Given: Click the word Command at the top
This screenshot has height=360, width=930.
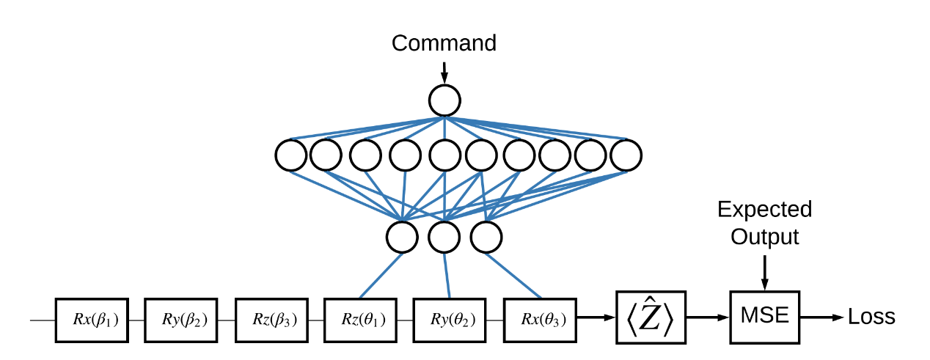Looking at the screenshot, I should tap(444, 43).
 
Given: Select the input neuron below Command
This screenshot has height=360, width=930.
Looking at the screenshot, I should tap(444, 100).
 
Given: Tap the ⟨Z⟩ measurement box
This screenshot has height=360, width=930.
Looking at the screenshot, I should tap(650, 317).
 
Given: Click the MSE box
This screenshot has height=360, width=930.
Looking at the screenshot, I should tap(764, 317).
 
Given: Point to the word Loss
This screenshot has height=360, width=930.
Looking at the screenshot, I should tap(871, 317).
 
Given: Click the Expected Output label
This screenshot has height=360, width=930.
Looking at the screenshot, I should tap(764, 223).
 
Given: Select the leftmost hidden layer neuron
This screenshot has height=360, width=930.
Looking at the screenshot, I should tap(291, 155).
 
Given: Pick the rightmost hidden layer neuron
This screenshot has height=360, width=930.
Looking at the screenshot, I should tap(626, 155).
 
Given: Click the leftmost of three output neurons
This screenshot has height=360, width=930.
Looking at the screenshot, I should tap(402, 237).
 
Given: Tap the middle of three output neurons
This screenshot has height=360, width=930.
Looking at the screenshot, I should tap(444, 237).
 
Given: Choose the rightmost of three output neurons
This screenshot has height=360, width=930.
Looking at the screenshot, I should tap(486, 237).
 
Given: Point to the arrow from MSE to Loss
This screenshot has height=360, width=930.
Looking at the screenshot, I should tap(821, 317).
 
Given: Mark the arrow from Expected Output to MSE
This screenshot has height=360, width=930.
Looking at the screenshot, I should tap(764, 271).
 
